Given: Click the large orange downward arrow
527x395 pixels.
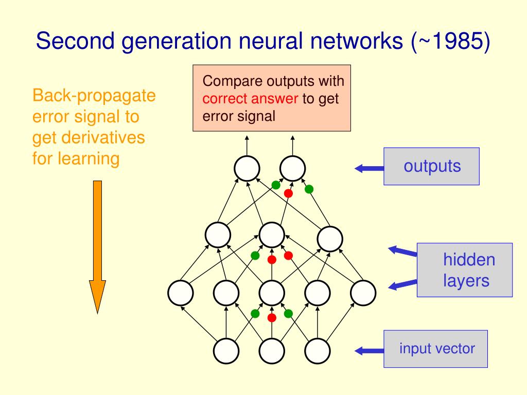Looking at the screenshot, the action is tap(97, 247).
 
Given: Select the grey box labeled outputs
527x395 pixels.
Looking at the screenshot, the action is tap(432, 166).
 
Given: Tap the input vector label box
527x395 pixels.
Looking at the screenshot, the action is tap(435, 349).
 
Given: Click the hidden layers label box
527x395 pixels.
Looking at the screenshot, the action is tap(465, 270).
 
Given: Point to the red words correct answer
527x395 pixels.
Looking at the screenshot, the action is tap(250, 99).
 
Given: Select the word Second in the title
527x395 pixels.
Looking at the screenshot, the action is tap(75, 41).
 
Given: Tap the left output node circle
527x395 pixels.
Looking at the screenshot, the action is tap(247, 169).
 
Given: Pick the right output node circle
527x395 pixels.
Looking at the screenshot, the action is tap(292, 169).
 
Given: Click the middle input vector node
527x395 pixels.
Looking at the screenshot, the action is tap(272, 351).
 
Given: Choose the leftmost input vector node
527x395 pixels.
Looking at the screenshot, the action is tap(226, 351).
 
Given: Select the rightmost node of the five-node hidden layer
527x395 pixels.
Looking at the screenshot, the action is tap(363, 293).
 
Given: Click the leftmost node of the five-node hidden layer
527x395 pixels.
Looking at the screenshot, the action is tap(181, 293).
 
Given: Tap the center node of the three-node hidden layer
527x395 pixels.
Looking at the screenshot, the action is tap(272, 235).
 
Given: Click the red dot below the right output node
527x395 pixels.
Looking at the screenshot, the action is tap(288, 193).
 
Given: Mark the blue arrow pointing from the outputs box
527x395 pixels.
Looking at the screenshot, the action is tap(370, 168).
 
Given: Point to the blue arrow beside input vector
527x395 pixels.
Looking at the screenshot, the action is tap(370, 351).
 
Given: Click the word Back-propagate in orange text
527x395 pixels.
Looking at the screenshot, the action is tap(94, 96).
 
